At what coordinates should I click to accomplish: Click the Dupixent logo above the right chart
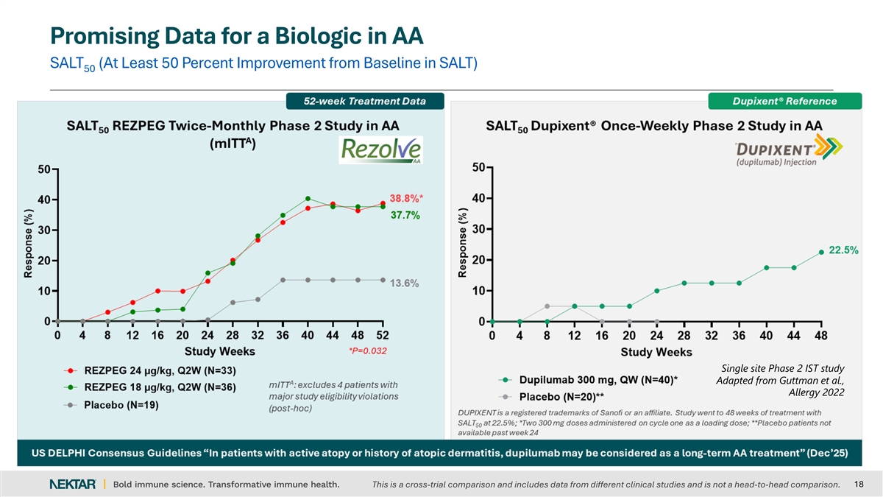[x=779, y=152]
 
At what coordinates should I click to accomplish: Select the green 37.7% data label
[x=405, y=215]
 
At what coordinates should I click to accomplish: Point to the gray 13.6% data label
[x=404, y=283]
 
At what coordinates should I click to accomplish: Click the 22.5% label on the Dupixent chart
[x=843, y=250]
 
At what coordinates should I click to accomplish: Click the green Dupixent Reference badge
[x=784, y=101]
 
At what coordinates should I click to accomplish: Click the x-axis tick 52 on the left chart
[x=383, y=336]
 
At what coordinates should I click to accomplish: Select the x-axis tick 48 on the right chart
[x=821, y=336]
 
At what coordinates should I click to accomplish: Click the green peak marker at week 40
[x=308, y=199]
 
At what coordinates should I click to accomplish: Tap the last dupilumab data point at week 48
[x=821, y=252]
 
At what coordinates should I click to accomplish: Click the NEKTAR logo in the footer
[x=72, y=484]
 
